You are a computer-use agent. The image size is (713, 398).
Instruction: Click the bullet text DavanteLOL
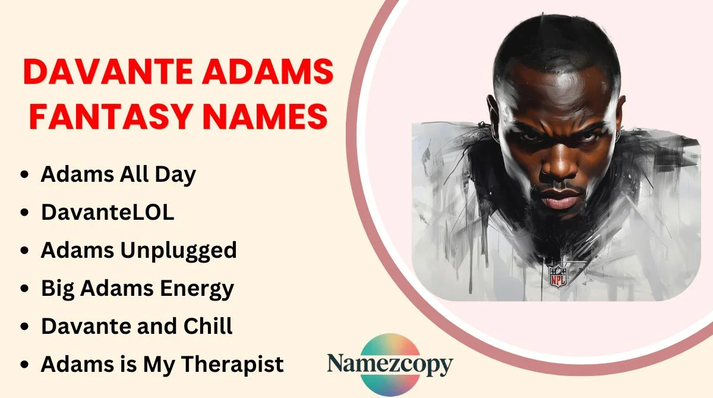coord(108,213)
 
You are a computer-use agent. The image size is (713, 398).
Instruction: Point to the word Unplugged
coord(178,251)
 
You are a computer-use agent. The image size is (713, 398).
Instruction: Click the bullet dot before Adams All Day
coord(24,176)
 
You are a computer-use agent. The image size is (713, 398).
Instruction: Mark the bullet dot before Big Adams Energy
coord(24,289)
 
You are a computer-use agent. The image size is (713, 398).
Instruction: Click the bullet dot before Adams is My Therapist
coord(24,365)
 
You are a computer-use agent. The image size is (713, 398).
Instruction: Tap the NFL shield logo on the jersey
coord(557,276)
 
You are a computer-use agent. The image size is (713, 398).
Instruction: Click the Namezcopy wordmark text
coord(390,364)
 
